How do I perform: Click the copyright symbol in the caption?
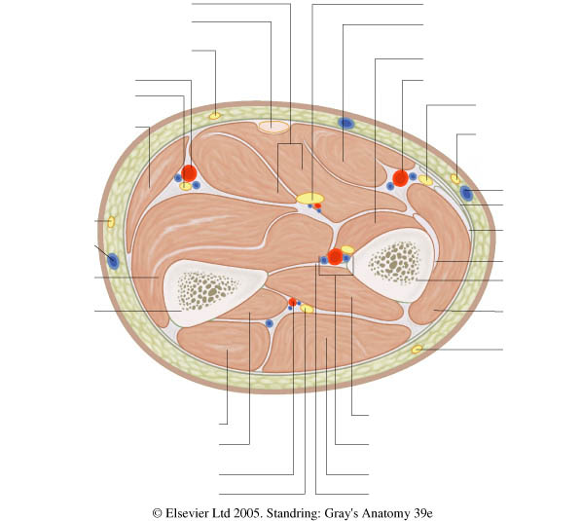[157, 513]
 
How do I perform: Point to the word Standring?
[294, 513]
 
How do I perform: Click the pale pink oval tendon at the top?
[273, 127]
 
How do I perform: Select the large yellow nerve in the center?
[309, 199]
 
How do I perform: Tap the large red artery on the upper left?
[189, 173]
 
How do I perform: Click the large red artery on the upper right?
[401, 178]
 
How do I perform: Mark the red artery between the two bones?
[336, 257]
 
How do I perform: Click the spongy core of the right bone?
[395, 262]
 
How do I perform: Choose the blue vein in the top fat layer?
[346, 123]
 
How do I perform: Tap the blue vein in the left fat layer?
[113, 261]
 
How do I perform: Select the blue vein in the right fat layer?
[466, 193]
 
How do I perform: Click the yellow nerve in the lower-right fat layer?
[417, 349]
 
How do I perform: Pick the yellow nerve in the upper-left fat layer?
[215, 116]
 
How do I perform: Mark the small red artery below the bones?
[292, 302]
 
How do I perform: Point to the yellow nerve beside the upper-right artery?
[425, 180]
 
